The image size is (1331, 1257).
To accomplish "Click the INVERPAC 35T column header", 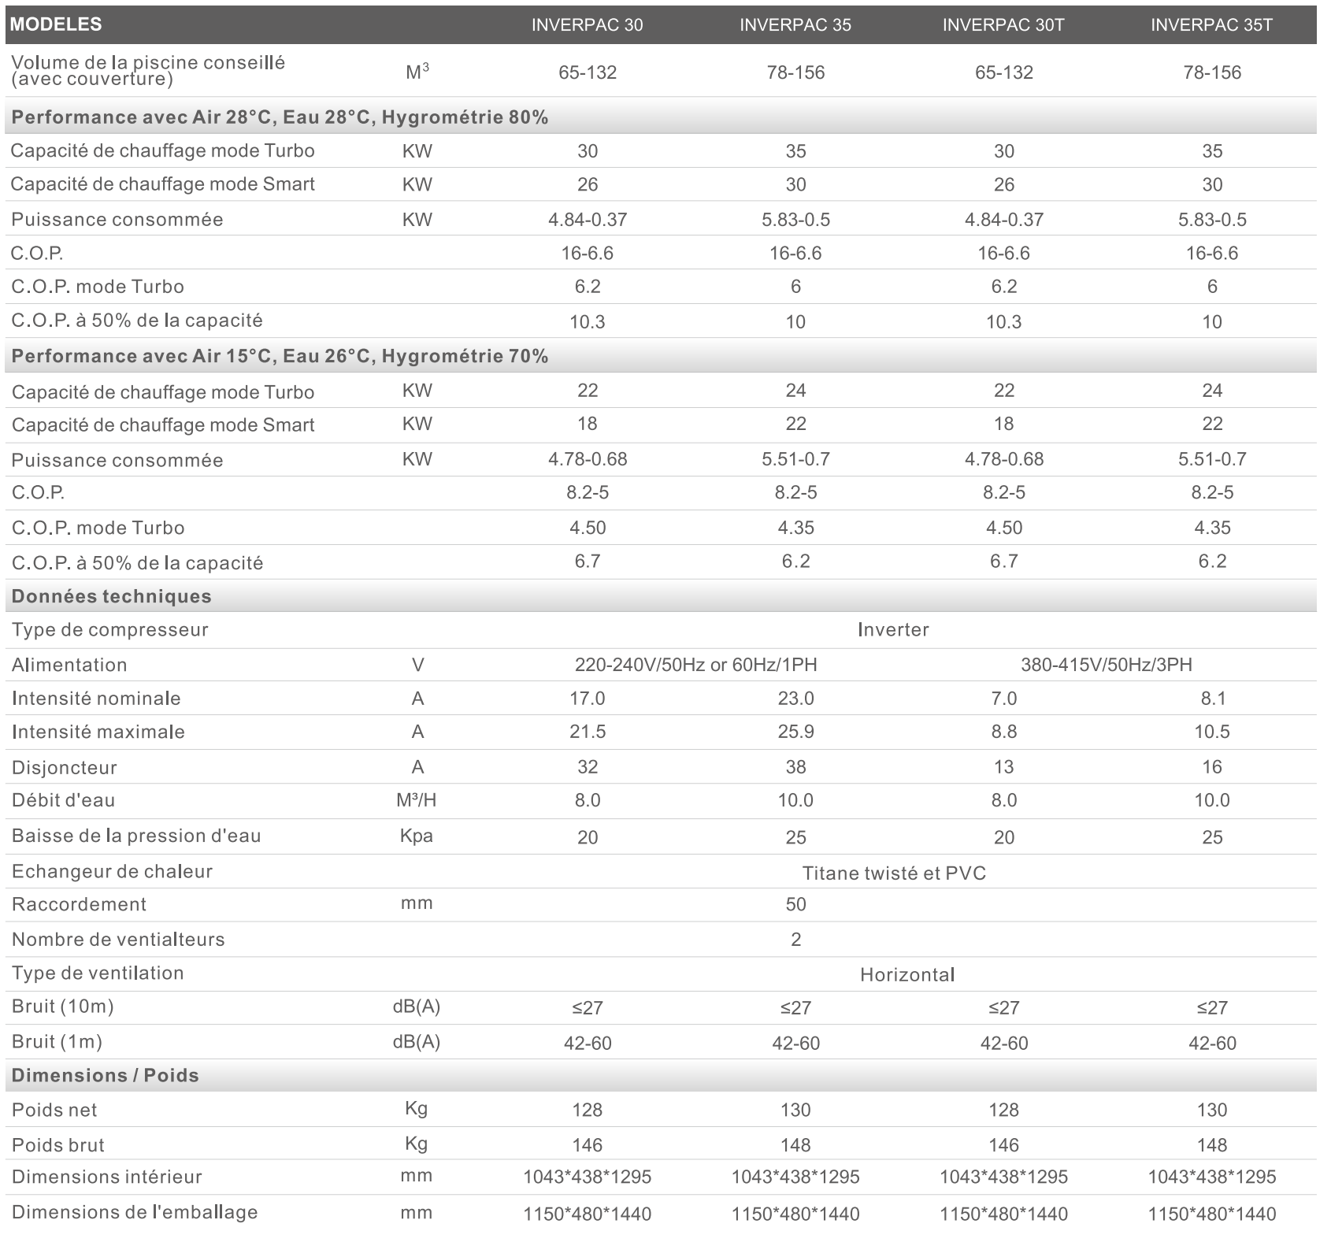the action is (1211, 25).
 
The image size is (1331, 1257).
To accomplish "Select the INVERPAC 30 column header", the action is (587, 25).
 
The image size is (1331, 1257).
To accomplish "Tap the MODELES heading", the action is (56, 24).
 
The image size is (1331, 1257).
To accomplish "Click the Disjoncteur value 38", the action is (795, 767).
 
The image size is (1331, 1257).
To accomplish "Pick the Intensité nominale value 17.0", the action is (588, 699).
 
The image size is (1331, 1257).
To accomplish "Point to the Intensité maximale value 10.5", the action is (1212, 732).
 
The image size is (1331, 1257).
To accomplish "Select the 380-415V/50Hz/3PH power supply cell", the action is (1107, 665).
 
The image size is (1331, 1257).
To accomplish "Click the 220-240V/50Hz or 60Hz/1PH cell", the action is (696, 665).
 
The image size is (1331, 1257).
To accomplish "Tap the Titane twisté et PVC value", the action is (894, 873).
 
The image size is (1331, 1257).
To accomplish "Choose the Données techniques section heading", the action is (112, 596).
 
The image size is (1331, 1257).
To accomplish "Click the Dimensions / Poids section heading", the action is (106, 1076).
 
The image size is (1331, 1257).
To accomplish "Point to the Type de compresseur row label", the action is (110, 630).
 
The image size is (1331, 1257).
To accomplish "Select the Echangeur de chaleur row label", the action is (113, 871).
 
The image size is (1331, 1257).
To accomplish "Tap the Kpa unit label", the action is (417, 836).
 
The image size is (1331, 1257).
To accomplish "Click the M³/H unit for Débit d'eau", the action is (417, 800).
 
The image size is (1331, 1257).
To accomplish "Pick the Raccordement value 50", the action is (795, 904).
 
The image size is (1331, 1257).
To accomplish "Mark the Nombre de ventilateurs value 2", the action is (795, 940).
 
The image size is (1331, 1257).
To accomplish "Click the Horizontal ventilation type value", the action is (907, 975).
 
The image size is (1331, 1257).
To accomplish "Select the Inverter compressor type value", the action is (893, 630).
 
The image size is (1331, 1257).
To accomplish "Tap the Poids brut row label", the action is (58, 1145).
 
